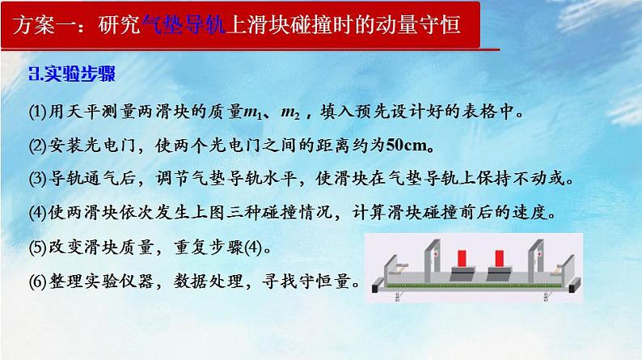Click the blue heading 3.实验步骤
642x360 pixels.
point(72,75)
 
